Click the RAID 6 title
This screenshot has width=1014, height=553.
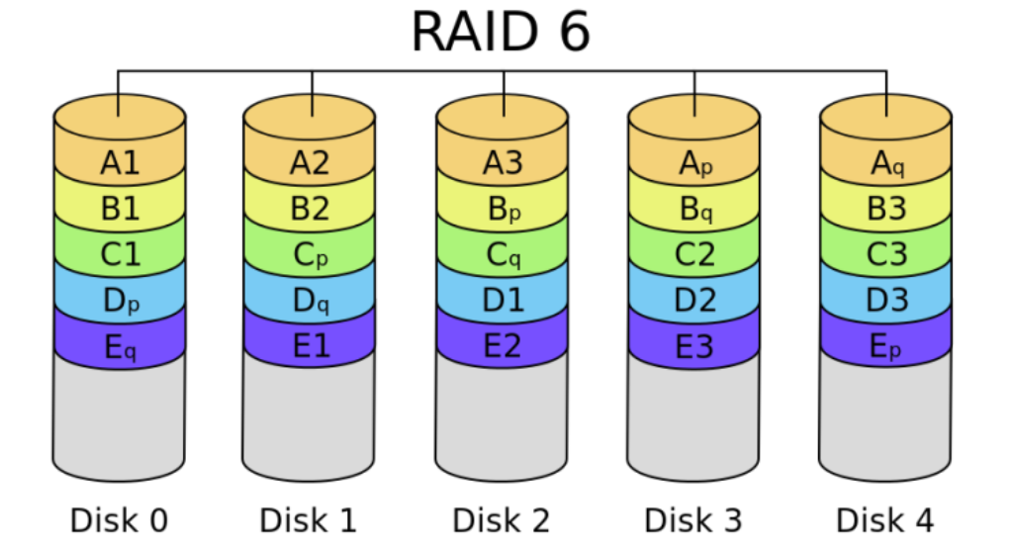pyautogui.click(x=501, y=32)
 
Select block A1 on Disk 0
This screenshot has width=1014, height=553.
pyautogui.click(x=120, y=162)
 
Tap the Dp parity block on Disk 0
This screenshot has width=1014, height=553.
pyautogui.click(x=120, y=302)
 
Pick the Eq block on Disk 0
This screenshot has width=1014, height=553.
pyautogui.click(x=120, y=348)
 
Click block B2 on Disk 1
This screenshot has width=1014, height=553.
pyautogui.click(x=310, y=209)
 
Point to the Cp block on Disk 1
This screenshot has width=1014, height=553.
pyautogui.click(x=310, y=255)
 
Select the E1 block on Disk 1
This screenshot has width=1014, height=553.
pyautogui.click(x=310, y=348)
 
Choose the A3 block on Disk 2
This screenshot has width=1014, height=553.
pyautogui.click(x=503, y=162)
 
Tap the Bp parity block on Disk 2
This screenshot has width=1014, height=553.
pyautogui.click(x=503, y=209)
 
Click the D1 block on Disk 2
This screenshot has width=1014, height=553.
pyautogui.click(x=503, y=302)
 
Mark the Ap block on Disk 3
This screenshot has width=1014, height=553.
pyautogui.click(x=694, y=162)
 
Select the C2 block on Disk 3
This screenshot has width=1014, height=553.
pyautogui.click(x=694, y=255)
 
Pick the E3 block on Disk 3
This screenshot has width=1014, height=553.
pyautogui.click(x=694, y=348)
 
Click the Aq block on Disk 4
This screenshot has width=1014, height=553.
pyautogui.click(x=886, y=162)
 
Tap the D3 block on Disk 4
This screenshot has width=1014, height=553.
pyautogui.click(x=886, y=302)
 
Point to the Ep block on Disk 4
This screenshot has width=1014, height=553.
pyautogui.click(x=886, y=348)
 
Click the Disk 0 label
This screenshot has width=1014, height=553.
pyautogui.click(x=119, y=519)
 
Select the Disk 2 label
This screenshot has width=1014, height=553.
pyautogui.click(x=502, y=519)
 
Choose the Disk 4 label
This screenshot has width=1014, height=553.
pyautogui.click(x=885, y=519)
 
